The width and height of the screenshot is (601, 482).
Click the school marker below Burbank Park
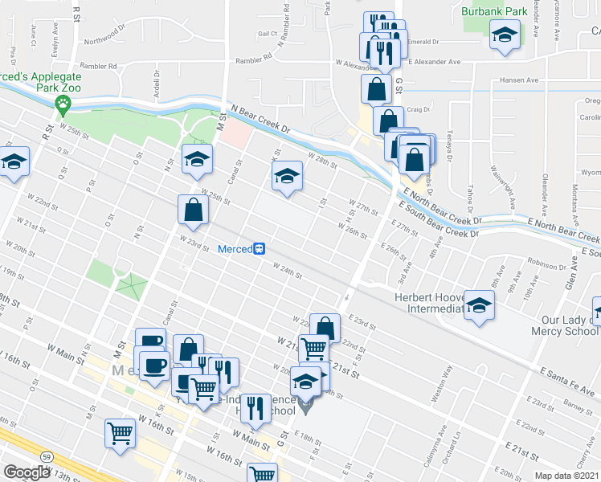coord(505,36)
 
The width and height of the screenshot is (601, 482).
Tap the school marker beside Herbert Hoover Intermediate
coord(480,306)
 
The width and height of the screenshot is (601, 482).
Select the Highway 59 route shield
coord(47,456)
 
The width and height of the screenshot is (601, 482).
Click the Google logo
coord(27,472)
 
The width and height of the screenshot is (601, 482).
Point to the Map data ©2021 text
coord(567,476)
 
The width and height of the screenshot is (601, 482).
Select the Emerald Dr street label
coord(424,42)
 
